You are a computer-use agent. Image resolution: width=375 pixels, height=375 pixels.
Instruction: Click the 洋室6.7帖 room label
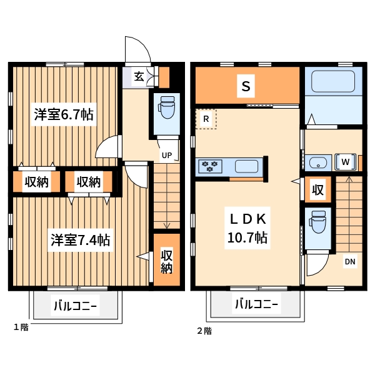pyautogui.click(x=64, y=114)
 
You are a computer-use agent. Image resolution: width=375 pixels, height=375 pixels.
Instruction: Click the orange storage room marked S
pyautogui.click(x=246, y=87)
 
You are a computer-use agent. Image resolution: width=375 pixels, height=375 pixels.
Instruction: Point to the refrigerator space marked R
pyautogui.click(x=206, y=119)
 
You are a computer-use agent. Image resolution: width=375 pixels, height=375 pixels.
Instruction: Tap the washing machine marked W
pyautogui.click(x=345, y=162)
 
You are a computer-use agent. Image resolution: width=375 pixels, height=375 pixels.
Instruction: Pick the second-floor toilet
pyautogui.click(x=318, y=223)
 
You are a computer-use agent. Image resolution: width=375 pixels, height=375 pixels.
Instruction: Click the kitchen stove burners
pyautogui.click(x=210, y=166)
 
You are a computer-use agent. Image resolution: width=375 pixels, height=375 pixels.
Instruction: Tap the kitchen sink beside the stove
pyautogui.click(x=246, y=166)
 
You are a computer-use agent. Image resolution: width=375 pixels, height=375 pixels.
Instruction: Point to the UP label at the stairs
pyautogui.click(x=167, y=155)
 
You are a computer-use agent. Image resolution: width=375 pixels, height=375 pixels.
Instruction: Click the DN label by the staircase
pyautogui.click(x=349, y=261)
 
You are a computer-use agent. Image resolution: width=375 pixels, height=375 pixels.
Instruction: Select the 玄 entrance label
pyautogui.click(x=138, y=77)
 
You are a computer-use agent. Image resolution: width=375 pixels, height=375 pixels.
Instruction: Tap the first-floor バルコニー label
pyautogui.click(x=75, y=306)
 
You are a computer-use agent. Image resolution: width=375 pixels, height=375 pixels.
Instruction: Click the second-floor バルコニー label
pyautogui.click(x=257, y=305)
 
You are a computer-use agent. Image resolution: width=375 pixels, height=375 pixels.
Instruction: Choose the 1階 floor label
pyautogui.click(x=21, y=327)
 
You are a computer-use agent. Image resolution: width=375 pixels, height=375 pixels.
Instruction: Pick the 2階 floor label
pyautogui.click(x=204, y=331)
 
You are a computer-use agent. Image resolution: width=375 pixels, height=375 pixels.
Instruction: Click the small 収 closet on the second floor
pyautogui.click(x=318, y=190)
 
